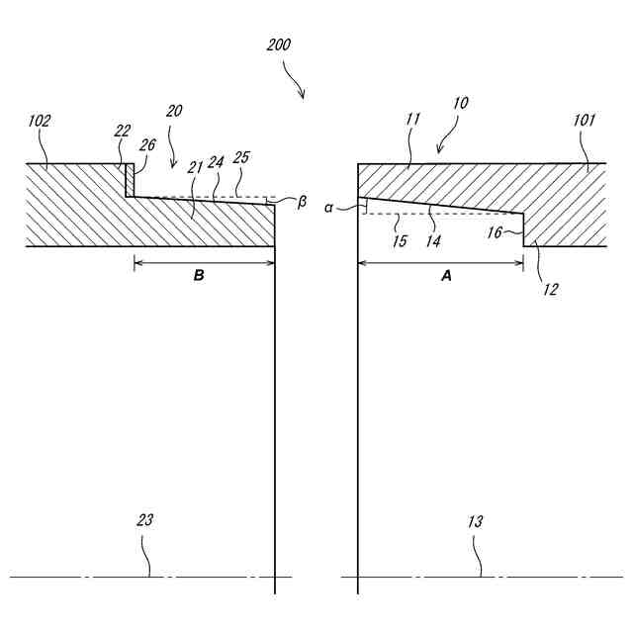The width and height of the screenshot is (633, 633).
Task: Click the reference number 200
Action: click(279, 45)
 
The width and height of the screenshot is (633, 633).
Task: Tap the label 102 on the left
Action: click(41, 121)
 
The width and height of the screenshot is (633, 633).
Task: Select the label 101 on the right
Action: click(585, 120)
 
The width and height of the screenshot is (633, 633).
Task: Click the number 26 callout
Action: click(147, 144)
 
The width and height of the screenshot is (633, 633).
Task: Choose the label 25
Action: click(241, 157)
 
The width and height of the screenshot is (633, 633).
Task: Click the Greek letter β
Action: click(302, 202)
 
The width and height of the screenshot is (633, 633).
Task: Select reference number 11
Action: click(412, 119)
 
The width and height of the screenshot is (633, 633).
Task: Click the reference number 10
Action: click(461, 102)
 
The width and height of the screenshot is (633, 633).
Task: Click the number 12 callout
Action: click(550, 289)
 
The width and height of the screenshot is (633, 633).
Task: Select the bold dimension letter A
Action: click(445, 278)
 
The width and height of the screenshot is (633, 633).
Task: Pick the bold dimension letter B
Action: click(198, 276)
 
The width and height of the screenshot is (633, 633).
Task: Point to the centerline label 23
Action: click(145, 520)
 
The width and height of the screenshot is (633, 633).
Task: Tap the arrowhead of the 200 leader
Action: click(303, 96)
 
